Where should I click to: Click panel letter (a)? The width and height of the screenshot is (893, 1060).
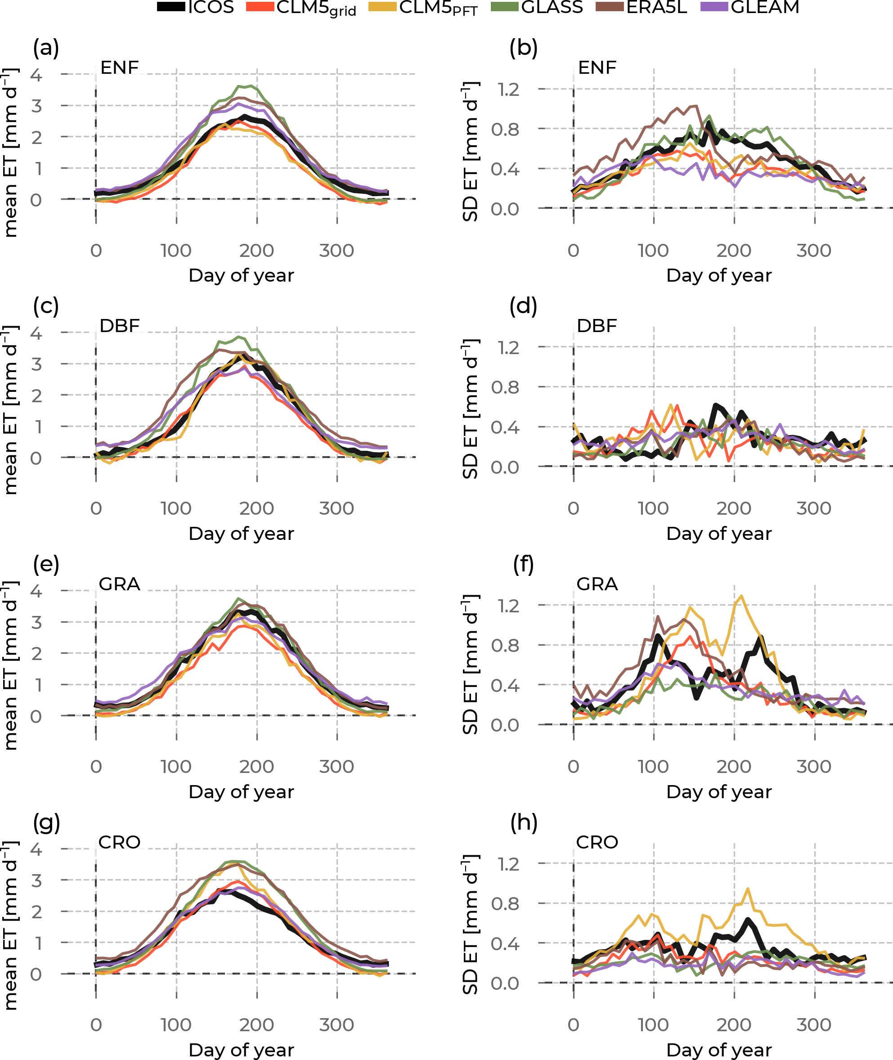pyautogui.click(x=46, y=48)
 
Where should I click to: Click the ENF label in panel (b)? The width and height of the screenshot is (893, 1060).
pyautogui.click(x=597, y=67)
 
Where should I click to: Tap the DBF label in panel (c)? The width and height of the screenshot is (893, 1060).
pyautogui.click(x=120, y=325)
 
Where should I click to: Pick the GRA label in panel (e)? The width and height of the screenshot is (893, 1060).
pyautogui.click(x=120, y=584)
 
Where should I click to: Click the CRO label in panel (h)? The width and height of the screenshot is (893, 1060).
pyautogui.click(x=597, y=842)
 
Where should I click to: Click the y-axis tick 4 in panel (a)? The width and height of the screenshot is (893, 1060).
pyautogui.click(x=36, y=75)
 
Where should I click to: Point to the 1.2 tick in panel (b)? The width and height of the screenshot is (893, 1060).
pyautogui.click(x=508, y=90)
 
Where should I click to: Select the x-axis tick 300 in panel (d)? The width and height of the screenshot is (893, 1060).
pyautogui.click(x=813, y=508)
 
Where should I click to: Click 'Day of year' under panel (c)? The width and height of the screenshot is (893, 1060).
pyautogui.click(x=241, y=534)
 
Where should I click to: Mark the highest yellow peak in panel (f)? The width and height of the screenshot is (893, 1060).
pyautogui.click(x=742, y=596)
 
